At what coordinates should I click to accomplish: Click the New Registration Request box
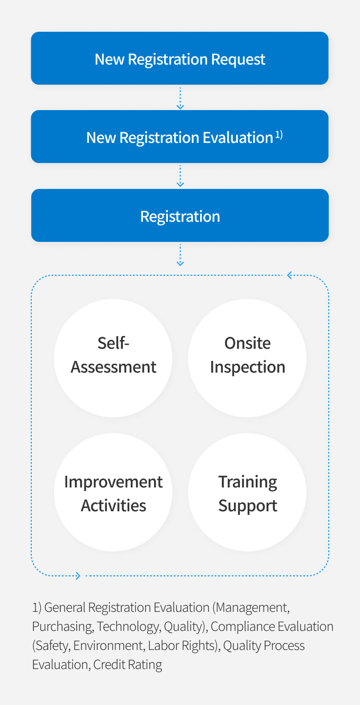[179, 58]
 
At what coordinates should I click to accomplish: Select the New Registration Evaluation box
[179, 137]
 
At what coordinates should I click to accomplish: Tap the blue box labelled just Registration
[180, 215]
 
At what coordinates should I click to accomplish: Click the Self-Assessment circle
[113, 358]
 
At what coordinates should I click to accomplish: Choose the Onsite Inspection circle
[247, 358]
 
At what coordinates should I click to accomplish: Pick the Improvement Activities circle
[113, 492]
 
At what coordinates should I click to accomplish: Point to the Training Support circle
[247, 492]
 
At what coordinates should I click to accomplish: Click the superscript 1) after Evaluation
[279, 135]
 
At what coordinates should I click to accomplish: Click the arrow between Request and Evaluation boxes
[180, 98]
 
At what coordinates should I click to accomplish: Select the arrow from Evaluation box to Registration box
[180, 176]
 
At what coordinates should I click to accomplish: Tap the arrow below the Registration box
[180, 255]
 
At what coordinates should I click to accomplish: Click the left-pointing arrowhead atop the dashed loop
[290, 275]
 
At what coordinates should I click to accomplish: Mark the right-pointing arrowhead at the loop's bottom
[78, 576]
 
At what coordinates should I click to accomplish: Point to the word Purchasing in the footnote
[63, 627]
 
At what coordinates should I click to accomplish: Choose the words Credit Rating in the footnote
[128, 665]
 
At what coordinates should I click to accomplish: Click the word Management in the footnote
[252, 608]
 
